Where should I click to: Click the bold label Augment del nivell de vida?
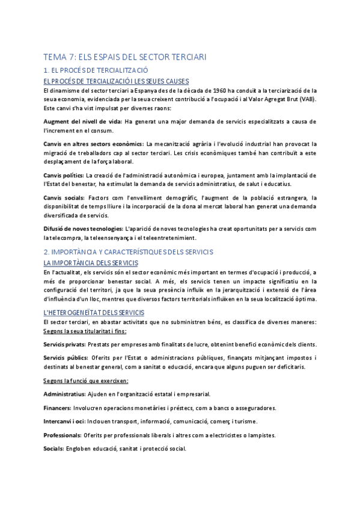tap(82, 121)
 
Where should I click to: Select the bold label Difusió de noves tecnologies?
tap(83, 229)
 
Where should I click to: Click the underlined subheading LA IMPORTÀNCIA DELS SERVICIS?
tap(91, 263)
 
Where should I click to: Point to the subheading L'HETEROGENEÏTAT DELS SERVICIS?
tap(94, 312)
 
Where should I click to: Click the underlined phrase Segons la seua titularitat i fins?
tap(85, 331)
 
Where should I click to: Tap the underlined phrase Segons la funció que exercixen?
tap(85, 381)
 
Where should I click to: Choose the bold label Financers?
tap(58, 408)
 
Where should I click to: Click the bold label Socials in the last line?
tap(55, 449)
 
